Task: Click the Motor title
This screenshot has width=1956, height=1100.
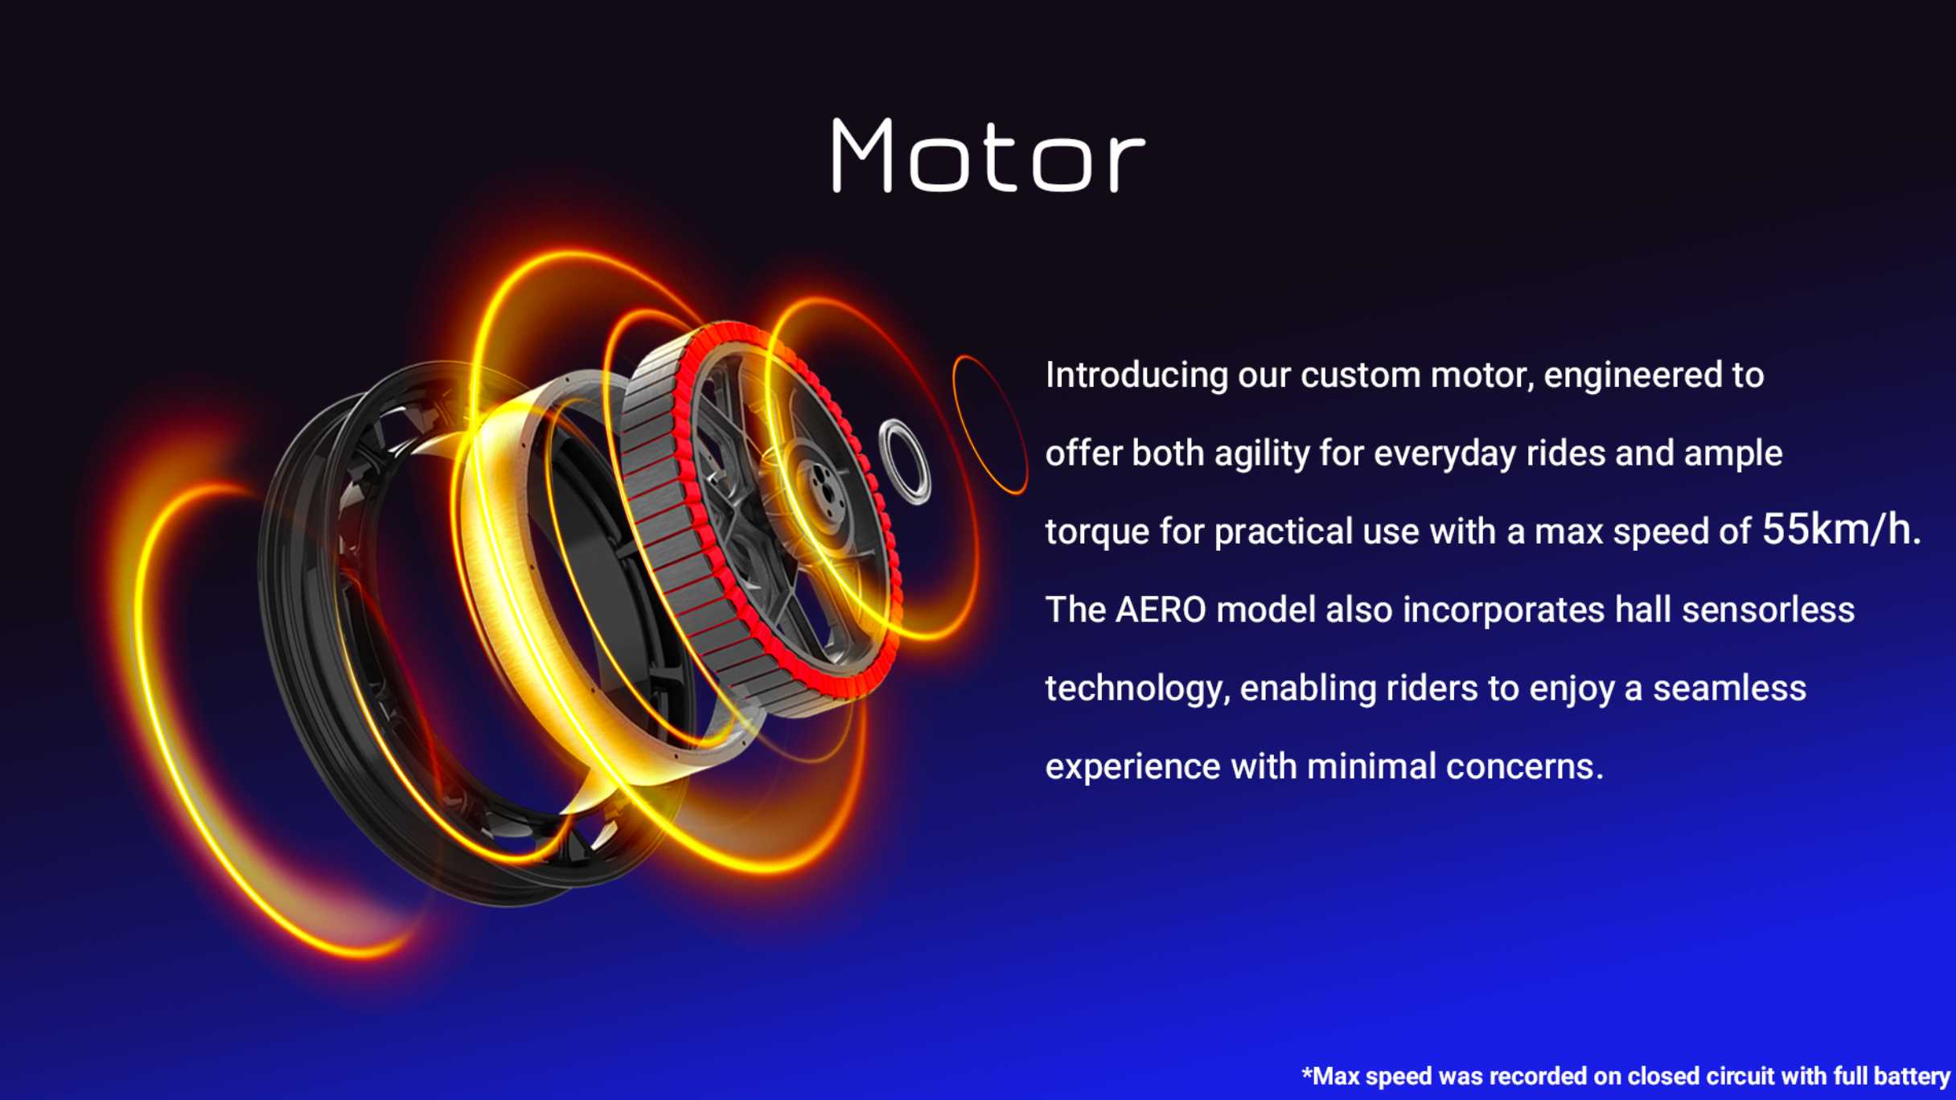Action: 988,155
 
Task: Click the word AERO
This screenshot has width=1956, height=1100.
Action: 1161,610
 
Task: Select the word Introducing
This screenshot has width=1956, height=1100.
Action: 1136,376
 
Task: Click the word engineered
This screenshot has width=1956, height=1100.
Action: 1633,376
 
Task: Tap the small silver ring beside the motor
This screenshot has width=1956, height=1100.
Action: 905,462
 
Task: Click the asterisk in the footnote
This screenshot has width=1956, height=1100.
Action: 1306,1073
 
